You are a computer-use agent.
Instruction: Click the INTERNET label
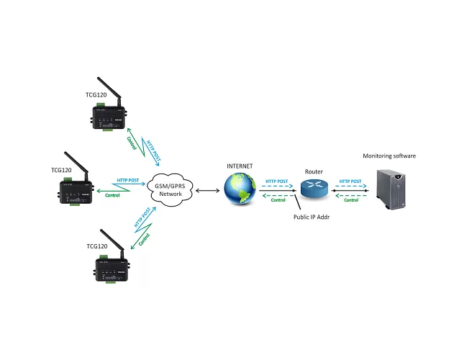click(x=240, y=166)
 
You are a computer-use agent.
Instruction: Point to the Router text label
click(x=314, y=171)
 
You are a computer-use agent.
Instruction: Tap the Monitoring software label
click(x=389, y=156)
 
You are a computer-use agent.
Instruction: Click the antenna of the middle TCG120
click(x=72, y=162)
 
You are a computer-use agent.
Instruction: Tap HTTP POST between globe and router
click(x=276, y=181)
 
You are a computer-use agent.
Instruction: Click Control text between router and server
click(x=351, y=200)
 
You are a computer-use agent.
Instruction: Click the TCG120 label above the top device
click(x=95, y=94)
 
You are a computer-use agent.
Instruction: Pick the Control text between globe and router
click(x=277, y=200)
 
